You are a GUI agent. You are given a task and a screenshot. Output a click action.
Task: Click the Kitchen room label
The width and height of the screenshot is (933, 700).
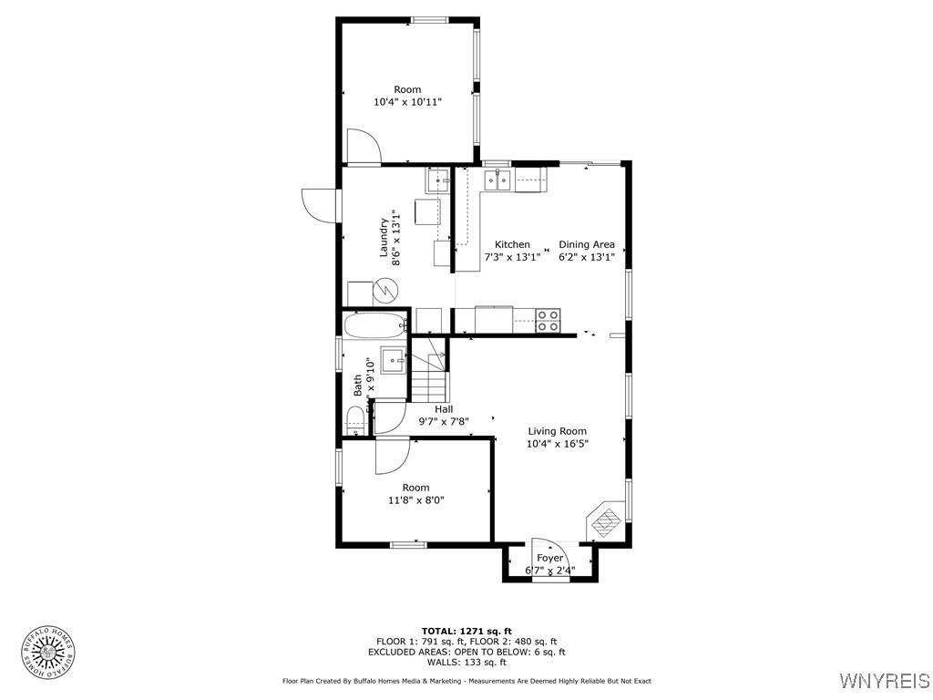[512, 244]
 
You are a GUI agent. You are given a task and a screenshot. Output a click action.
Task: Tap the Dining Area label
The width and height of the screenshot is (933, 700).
[586, 244]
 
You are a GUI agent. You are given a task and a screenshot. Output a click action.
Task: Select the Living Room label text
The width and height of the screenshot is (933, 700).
[557, 431]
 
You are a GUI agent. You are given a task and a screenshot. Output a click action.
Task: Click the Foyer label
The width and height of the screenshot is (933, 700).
[549, 558]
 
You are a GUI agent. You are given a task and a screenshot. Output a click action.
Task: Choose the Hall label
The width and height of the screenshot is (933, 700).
[444, 409]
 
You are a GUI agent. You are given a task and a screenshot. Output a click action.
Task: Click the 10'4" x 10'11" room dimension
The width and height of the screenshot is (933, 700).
[407, 102]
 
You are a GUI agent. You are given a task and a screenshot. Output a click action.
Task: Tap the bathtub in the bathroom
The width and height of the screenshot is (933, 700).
[374, 324]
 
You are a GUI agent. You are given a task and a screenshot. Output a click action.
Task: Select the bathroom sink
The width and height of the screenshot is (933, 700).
[393, 359]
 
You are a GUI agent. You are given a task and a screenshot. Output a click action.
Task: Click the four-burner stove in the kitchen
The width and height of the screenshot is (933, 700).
[549, 320]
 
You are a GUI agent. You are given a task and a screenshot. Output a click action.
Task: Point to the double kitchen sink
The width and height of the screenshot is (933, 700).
[497, 180]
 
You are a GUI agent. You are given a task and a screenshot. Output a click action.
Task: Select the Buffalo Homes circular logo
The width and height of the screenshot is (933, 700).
[48, 651]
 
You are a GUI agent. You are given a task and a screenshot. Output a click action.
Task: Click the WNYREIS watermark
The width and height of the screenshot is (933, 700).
[884, 681]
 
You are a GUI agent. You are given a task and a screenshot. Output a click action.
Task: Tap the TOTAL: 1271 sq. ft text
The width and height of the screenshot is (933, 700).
[466, 631]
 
